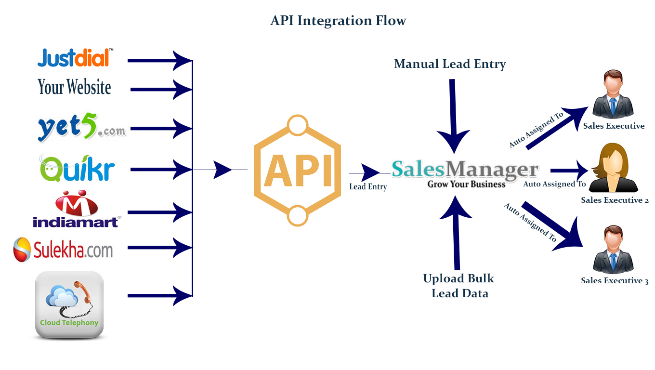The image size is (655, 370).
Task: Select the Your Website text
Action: (x=74, y=87)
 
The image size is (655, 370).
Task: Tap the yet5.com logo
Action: (x=81, y=128)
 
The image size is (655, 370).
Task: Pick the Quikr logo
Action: (x=78, y=168)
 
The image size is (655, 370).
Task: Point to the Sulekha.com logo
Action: (x=63, y=250)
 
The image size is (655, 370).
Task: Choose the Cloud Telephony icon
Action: (x=69, y=304)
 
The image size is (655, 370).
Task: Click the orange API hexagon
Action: (x=297, y=171)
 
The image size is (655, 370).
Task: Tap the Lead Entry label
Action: (x=368, y=186)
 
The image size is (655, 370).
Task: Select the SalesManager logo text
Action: (x=465, y=169)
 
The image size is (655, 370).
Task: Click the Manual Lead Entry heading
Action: (x=450, y=64)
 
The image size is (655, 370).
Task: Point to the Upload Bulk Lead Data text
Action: (x=459, y=286)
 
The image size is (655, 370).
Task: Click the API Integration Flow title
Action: (x=338, y=21)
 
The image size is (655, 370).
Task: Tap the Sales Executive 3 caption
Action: (x=615, y=281)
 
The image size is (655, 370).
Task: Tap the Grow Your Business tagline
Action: (x=466, y=184)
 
